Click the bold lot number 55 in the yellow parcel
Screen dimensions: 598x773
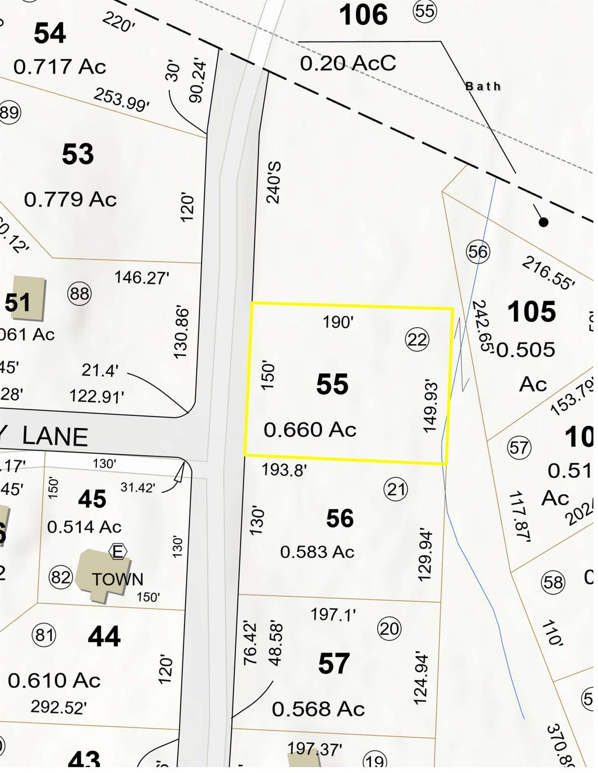click(x=332, y=384)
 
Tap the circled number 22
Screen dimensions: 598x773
click(x=417, y=339)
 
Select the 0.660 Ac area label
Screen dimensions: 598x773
click(x=310, y=430)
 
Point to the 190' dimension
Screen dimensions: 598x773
click(x=338, y=321)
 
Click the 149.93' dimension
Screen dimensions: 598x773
click(x=430, y=406)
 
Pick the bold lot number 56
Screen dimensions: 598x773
click(x=340, y=518)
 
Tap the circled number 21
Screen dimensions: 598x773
click(x=396, y=489)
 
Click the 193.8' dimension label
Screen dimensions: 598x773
click(x=284, y=469)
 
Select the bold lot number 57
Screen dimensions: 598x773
click(x=333, y=663)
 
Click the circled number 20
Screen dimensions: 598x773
click(x=390, y=628)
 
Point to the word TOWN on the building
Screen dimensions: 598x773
click(x=117, y=579)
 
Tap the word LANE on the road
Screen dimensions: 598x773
click(x=55, y=437)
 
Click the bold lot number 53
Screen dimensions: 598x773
click(x=78, y=154)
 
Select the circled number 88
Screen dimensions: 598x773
click(x=79, y=293)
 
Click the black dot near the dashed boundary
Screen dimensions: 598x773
click(x=543, y=222)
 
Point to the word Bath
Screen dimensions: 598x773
click(x=483, y=86)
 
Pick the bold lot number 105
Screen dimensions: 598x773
click(x=531, y=312)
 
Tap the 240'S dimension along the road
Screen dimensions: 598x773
click(x=273, y=183)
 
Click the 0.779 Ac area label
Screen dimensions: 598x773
click(x=70, y=200)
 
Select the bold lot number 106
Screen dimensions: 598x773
click(x=363, y=15)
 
